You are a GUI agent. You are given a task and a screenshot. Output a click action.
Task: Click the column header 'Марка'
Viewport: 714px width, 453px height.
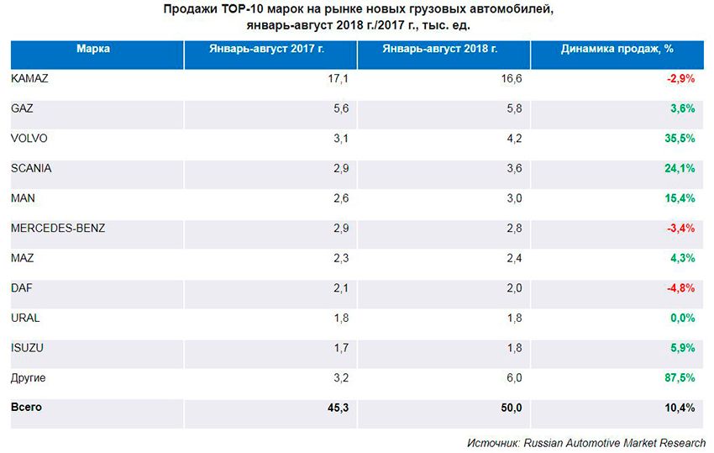92,49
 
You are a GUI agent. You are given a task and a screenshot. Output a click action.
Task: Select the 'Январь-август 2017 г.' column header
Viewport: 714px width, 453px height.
266,49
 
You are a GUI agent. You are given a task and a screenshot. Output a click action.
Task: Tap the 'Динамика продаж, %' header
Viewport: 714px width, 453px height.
617,49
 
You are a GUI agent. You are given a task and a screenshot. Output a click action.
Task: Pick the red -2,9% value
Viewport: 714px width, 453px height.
680,78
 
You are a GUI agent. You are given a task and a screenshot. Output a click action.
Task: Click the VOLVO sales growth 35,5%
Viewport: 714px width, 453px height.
680,139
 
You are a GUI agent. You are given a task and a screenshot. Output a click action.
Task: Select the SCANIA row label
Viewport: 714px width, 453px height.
31,168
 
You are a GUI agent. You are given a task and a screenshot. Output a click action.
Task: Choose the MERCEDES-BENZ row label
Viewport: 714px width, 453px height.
58,229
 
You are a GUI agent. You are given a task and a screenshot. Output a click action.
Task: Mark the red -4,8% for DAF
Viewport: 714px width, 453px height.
680,288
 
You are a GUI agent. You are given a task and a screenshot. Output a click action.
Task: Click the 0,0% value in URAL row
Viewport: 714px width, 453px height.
682,319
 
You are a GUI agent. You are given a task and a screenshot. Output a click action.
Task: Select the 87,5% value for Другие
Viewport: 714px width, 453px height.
680,378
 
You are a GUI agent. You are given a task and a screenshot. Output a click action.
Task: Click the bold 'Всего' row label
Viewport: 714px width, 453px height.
26,408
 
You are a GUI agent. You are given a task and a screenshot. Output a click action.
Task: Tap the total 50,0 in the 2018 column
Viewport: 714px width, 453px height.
511,408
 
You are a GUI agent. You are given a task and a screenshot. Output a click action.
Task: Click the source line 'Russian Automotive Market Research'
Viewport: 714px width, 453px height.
613,442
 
